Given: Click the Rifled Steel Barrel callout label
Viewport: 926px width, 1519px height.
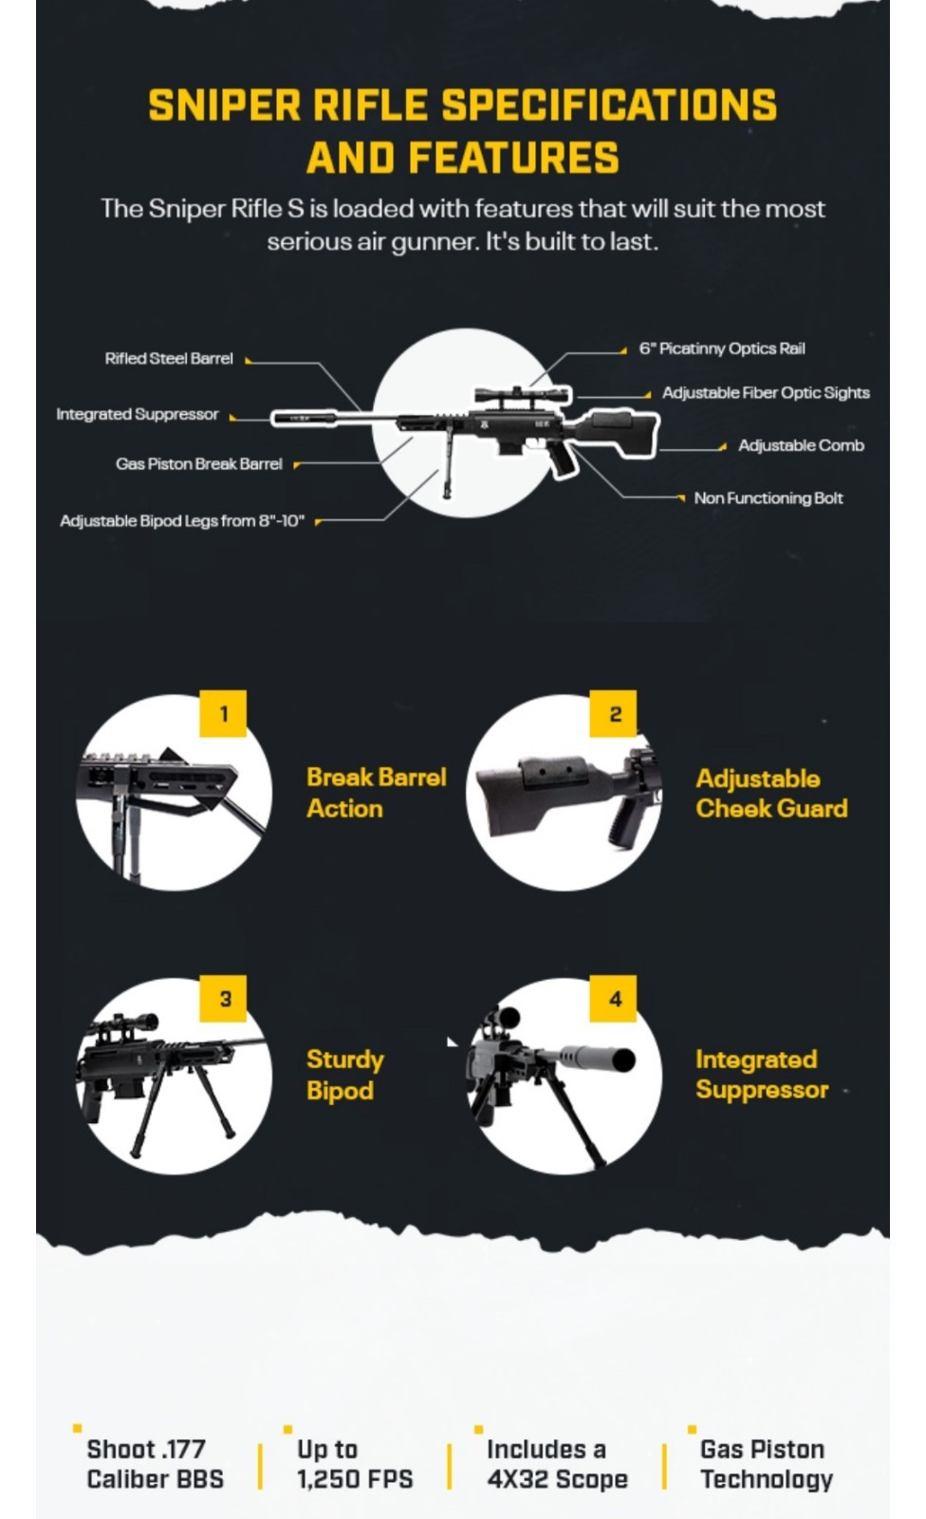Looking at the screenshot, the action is point(169,359).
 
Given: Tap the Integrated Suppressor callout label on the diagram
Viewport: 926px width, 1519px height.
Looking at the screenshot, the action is point(138,415).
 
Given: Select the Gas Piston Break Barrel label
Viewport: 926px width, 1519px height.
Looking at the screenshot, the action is point(199,464).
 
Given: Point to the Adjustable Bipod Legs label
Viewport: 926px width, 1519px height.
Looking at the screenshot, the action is point(182,521).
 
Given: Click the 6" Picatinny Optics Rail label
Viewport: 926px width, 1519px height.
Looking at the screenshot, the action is point(722,349).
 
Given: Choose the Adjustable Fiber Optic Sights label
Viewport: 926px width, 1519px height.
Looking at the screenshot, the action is point(766,393).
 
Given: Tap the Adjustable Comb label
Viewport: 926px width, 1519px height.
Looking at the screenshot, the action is point(801,446).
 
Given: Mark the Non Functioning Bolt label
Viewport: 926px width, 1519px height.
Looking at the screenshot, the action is point(769,498).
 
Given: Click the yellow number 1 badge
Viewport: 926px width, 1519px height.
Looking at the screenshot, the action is point(223,714).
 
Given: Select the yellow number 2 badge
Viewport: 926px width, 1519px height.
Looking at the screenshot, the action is point(614,714).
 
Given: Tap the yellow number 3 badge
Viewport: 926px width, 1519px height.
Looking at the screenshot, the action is point(224,999).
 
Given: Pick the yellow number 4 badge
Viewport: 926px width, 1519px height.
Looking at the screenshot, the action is point(614,999).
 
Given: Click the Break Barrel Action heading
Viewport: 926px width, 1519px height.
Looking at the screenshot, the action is point(376,793).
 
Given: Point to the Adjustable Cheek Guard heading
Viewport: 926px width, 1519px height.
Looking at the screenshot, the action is point(770,794).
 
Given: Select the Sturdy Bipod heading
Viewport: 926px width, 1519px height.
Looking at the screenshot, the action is point(344,1075).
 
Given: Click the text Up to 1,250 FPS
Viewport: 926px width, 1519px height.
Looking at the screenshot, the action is point(354,1464).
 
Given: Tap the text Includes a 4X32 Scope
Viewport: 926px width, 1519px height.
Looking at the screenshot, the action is point(557,1464).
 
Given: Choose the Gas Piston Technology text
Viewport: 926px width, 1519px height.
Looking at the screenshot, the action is point(766,1464).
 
